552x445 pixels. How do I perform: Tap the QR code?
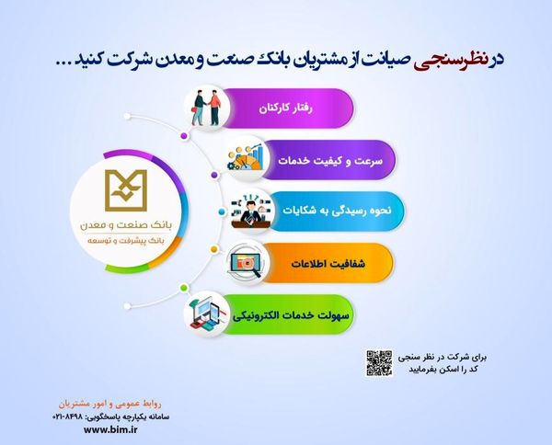(x=380, y=360)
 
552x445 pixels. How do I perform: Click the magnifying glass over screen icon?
(x=248, y=260)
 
